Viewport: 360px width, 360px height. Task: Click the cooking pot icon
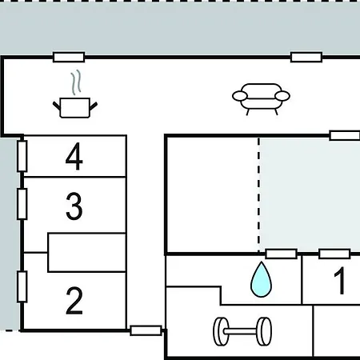coord(75,108)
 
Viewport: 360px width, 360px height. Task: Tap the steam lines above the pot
coord(76,82)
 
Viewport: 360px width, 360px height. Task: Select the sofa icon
coord(261,99)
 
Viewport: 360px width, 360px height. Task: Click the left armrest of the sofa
coord(240,96)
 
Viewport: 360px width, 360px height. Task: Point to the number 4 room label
coord(74,156)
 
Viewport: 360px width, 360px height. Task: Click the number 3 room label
coord(74,206)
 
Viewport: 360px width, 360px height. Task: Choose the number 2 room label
coord(74,301)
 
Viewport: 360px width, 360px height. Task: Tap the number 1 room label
coord(340,281)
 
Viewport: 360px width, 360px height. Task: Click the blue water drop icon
coord(261,279)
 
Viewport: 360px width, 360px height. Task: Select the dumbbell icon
coord(242,331)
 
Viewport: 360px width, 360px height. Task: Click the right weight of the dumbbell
coord(264,331)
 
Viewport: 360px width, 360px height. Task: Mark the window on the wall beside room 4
coord(22,156)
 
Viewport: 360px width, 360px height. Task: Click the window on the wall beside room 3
coord(22,204)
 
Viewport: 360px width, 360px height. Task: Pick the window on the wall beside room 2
coord(22,286)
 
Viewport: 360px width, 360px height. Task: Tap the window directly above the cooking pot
coord(69,57)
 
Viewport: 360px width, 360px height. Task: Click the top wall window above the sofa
coord(306,57)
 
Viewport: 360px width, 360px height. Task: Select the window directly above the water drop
coord(282,254)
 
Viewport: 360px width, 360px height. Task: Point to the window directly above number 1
coord(334,254)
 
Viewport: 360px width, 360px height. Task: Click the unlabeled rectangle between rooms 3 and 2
coord(87,253)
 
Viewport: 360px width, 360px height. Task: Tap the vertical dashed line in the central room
coord(258,194)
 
